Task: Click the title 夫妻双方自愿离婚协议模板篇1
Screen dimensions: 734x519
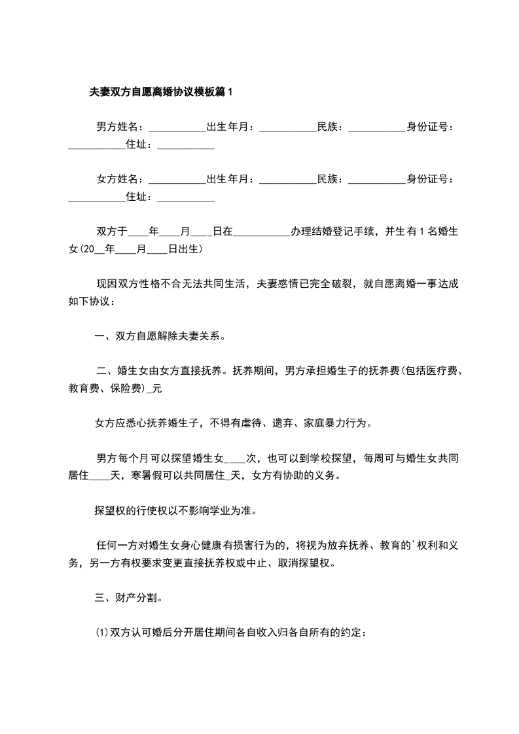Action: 161,92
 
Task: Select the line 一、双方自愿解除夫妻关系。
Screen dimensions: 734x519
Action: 161,337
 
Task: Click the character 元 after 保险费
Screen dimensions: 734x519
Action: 155,389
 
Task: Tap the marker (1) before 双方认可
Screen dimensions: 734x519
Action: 102,632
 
